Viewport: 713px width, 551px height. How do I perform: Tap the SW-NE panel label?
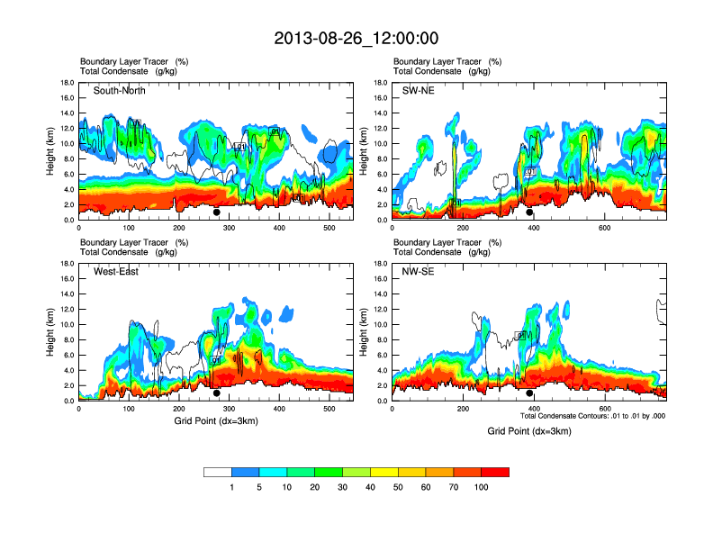pyautogui.click(x=418, y=91)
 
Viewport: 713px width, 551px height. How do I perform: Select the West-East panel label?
pyautogui.click(x=116, y=272)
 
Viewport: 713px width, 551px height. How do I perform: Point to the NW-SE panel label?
pyautogui.click(x=420, y=272)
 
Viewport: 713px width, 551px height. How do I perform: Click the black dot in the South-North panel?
pyautogui.click(x=217, y=212)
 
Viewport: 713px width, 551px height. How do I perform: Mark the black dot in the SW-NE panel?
pyautogui.click(x=529, y=212)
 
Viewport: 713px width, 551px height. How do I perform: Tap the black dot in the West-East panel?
pyautogui.click(x=217, y=393)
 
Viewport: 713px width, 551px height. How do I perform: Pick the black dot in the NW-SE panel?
pyautogui.click(x=529, y=393)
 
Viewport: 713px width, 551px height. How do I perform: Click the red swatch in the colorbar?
pyautogui.click(x=495, y=472)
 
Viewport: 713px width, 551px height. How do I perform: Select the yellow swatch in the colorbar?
pyautogui.click(x=384, y=472)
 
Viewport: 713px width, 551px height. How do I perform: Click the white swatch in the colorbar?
pyautogui.click(x=218, y=472)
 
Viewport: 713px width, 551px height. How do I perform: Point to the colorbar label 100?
pyautogui.click(x=481, y=487)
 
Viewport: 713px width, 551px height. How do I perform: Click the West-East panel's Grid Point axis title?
pyautogui.click(x=215, y=422)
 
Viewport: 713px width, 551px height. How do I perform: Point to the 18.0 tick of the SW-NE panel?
pyautogui.click(x=380, y=83)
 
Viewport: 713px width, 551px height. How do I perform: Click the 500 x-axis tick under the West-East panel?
pyautogui.click(x=329, y=410)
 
